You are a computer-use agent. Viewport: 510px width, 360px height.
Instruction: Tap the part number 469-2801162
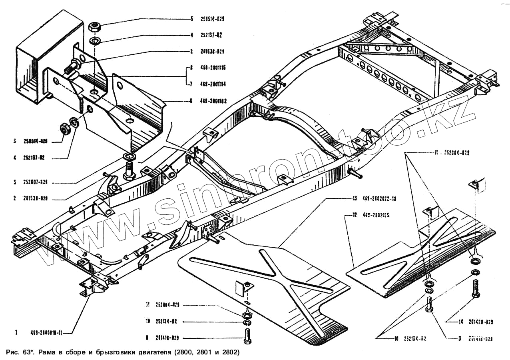[x=213, y=101]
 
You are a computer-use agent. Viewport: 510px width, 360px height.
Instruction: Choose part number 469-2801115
[x=213, y=68]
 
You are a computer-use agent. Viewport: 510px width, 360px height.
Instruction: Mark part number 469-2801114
[x=213, y=84]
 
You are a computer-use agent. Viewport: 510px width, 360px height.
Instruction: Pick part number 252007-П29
[x=36, y=182]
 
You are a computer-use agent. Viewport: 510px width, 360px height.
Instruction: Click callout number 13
[x=355, y=198]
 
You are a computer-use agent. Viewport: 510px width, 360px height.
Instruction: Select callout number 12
[x=355, y=216]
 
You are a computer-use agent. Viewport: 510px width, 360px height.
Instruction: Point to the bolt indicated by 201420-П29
[x=475, y=289]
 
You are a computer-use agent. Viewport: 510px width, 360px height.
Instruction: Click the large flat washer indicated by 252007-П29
[x=128, y=155]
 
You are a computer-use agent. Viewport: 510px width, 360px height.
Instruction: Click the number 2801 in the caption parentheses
[x=203, y=353]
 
